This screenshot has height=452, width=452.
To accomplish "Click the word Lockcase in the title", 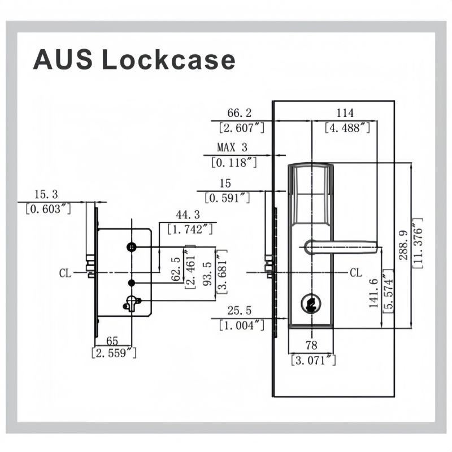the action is click(x=168, y=60).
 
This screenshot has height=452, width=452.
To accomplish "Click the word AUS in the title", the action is click(x=63, y=60).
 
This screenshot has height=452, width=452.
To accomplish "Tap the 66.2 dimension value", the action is click(x=239, y=112).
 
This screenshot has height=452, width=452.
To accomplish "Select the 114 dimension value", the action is click(x=345, y=112).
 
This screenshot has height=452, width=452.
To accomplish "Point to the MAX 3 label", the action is click(x=232, y=147).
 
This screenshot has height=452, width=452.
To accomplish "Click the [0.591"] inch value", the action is click(x=227, y=198).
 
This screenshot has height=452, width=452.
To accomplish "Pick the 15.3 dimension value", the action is click(x=46, y=194).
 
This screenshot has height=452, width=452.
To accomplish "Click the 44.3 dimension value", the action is click(x=188, y=215).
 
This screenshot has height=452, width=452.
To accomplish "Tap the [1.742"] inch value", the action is click(x=190, y=229).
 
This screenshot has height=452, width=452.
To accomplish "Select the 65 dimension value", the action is click(x=112, y=341).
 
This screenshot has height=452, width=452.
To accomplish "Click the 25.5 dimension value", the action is click(x=239, y=310).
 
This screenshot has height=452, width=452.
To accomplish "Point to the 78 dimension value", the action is click(x=311, y=345).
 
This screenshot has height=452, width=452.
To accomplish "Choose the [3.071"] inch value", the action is click(x=314, y=360).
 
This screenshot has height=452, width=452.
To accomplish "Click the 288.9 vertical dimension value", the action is click(x=403, y=245).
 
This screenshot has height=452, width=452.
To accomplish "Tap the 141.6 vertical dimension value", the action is click(x=373, y=293).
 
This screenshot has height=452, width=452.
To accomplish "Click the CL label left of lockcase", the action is click(x=65, y=273).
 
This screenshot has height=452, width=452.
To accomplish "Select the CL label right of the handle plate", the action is click(x=356, y=272).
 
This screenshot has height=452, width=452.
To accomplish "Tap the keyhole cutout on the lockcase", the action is click(x=132, y=304).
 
